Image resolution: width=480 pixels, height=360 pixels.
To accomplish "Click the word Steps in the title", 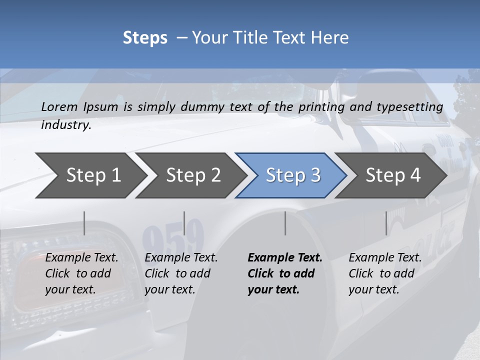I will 145,38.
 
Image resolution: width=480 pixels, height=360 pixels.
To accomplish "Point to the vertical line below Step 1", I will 84,223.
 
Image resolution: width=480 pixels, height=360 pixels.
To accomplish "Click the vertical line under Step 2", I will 184,223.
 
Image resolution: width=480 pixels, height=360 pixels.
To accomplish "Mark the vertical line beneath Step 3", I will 285,223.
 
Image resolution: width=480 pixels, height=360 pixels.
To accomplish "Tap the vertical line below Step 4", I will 386,223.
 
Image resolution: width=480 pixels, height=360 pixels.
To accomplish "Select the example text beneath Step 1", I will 81,273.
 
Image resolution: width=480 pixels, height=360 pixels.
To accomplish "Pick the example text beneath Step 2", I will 181,273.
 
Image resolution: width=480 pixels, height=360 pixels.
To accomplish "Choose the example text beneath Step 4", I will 385,273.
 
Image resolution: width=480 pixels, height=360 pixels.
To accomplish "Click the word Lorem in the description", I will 59,107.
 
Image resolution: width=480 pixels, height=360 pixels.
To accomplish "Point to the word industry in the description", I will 66,125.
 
